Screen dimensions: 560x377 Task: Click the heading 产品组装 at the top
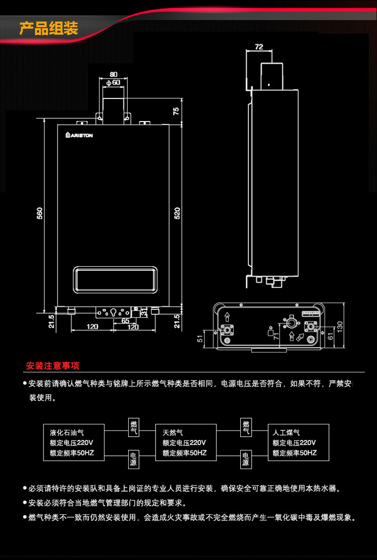[x=49, y=28]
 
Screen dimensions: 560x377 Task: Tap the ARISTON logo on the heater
[x=80, y=136]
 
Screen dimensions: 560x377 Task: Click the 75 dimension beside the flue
[x=176, y=111]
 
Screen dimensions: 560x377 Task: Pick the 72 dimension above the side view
[x=259, y=47]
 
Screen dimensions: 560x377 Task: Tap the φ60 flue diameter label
[x=113, y=82]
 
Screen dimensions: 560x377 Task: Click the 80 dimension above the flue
[x=113, y=74]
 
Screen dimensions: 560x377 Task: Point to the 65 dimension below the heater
[x=125, y=321]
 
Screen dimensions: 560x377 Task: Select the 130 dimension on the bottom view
[x=339, y=327]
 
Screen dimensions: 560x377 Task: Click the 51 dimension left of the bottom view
[x=201, y=338]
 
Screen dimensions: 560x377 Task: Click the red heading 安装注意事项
[x=53, y=366]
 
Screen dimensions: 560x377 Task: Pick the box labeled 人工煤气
[x=298, y=442]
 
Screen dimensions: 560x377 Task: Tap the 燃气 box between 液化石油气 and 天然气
[x=134, y=427]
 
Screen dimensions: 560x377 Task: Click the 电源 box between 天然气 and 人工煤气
[x=246, y=459]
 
